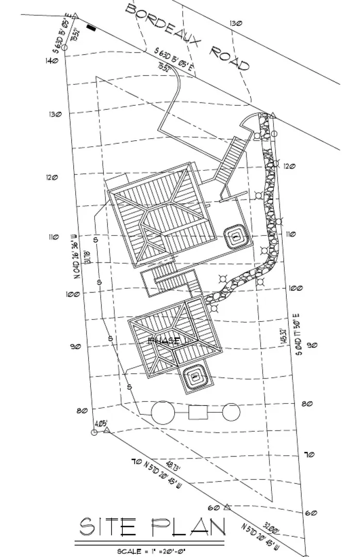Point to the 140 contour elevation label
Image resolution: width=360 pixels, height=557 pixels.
coord(52,61)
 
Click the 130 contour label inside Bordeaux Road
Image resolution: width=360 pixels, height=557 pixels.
coord(236,23)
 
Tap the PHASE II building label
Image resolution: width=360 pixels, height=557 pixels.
coord(164,340)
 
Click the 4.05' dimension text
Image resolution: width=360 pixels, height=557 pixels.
coord(101,423)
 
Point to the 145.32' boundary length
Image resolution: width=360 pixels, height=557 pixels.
coord(282,337)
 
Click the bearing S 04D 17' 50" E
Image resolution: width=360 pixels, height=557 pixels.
coord(296,337)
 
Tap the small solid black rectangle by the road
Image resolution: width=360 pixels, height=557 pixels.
coord(92,28)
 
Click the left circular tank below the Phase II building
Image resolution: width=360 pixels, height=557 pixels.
coord(163,412)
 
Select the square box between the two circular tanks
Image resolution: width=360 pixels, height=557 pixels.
coord(198,412)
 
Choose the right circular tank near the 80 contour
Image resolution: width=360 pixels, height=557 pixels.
coord(232,412)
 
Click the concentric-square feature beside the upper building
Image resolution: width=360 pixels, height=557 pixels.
coord(235,238)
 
